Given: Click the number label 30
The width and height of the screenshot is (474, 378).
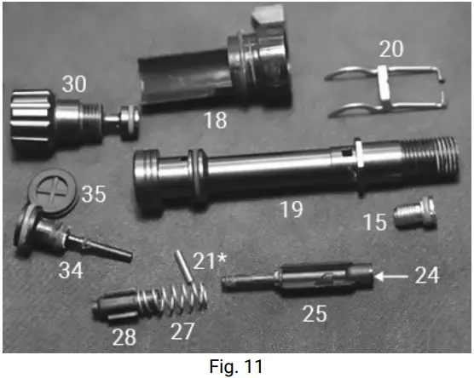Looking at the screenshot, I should pyautogui.click(x=73, y=84).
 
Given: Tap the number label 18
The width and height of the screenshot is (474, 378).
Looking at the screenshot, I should pyautogui.click(x=217, y=120).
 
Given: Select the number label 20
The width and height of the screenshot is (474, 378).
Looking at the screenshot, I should pyautogui.click(x=391, y=49).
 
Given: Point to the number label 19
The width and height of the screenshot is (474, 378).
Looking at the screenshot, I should pyautogui.click(x=292, y=209).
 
